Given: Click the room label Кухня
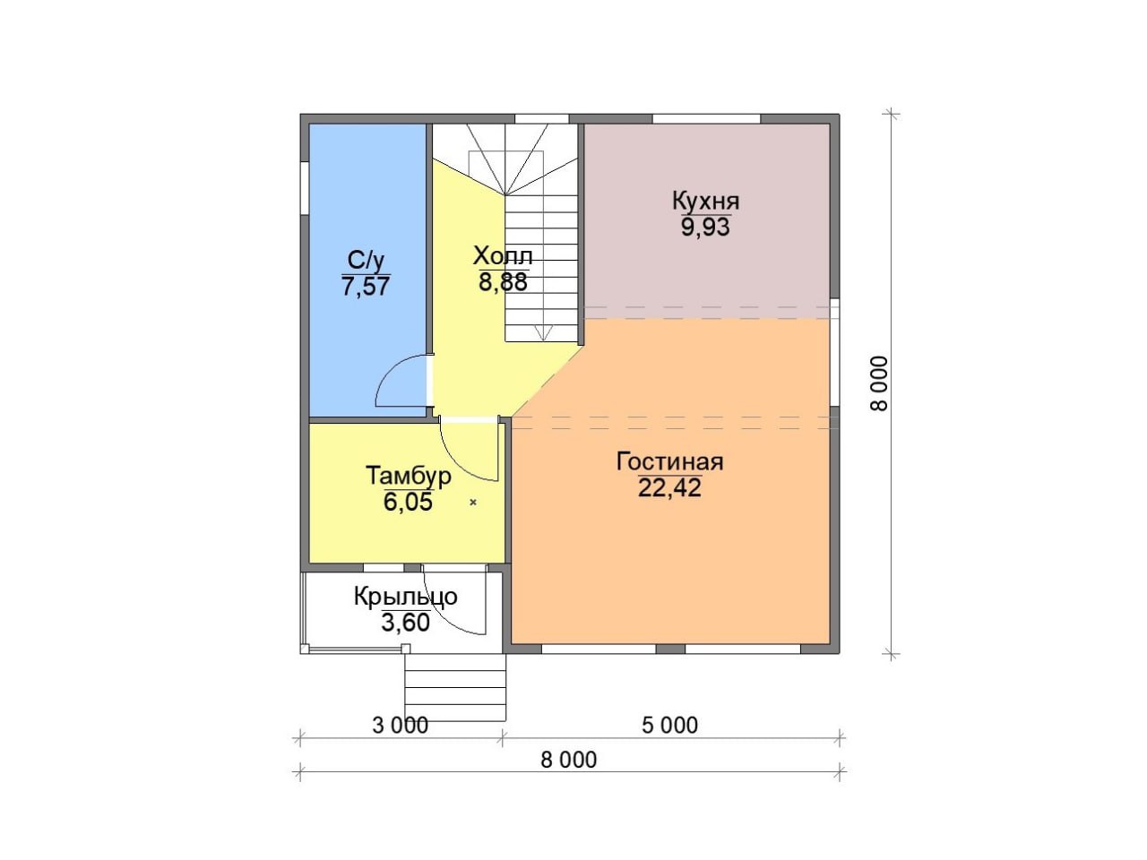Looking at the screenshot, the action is click(x=705, y=201).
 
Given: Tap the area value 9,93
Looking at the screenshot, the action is click(x=705, y=228).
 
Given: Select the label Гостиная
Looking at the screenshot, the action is click(x=670, y=461).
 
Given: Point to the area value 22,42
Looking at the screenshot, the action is click(x=669, y=487).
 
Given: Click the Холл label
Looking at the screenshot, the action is click(x=503, y=256).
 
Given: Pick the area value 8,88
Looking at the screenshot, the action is click(x=503, y=282).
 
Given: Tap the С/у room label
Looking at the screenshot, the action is click(x=366, y=260).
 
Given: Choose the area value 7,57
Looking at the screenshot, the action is click(x=366, y=286).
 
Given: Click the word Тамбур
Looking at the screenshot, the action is click(x=408, y=477).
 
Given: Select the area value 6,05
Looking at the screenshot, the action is click(x=408, y=502).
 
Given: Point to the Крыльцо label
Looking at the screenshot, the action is click(x=406, y=597).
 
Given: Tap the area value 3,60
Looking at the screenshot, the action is click(x=406, y=623).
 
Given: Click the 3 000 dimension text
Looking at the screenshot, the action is click(x=401, y=726).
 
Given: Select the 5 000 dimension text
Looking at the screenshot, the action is click(x=669, y=726).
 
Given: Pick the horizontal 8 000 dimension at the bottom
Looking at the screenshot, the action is click(x=568, y=760).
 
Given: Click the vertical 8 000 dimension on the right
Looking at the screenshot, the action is click(x=879, y=383).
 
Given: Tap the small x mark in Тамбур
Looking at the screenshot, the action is click(x=473, y=503).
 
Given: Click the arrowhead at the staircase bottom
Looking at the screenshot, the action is click(x=543, y=333).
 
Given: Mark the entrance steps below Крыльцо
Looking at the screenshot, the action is click(x=455, y=688).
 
